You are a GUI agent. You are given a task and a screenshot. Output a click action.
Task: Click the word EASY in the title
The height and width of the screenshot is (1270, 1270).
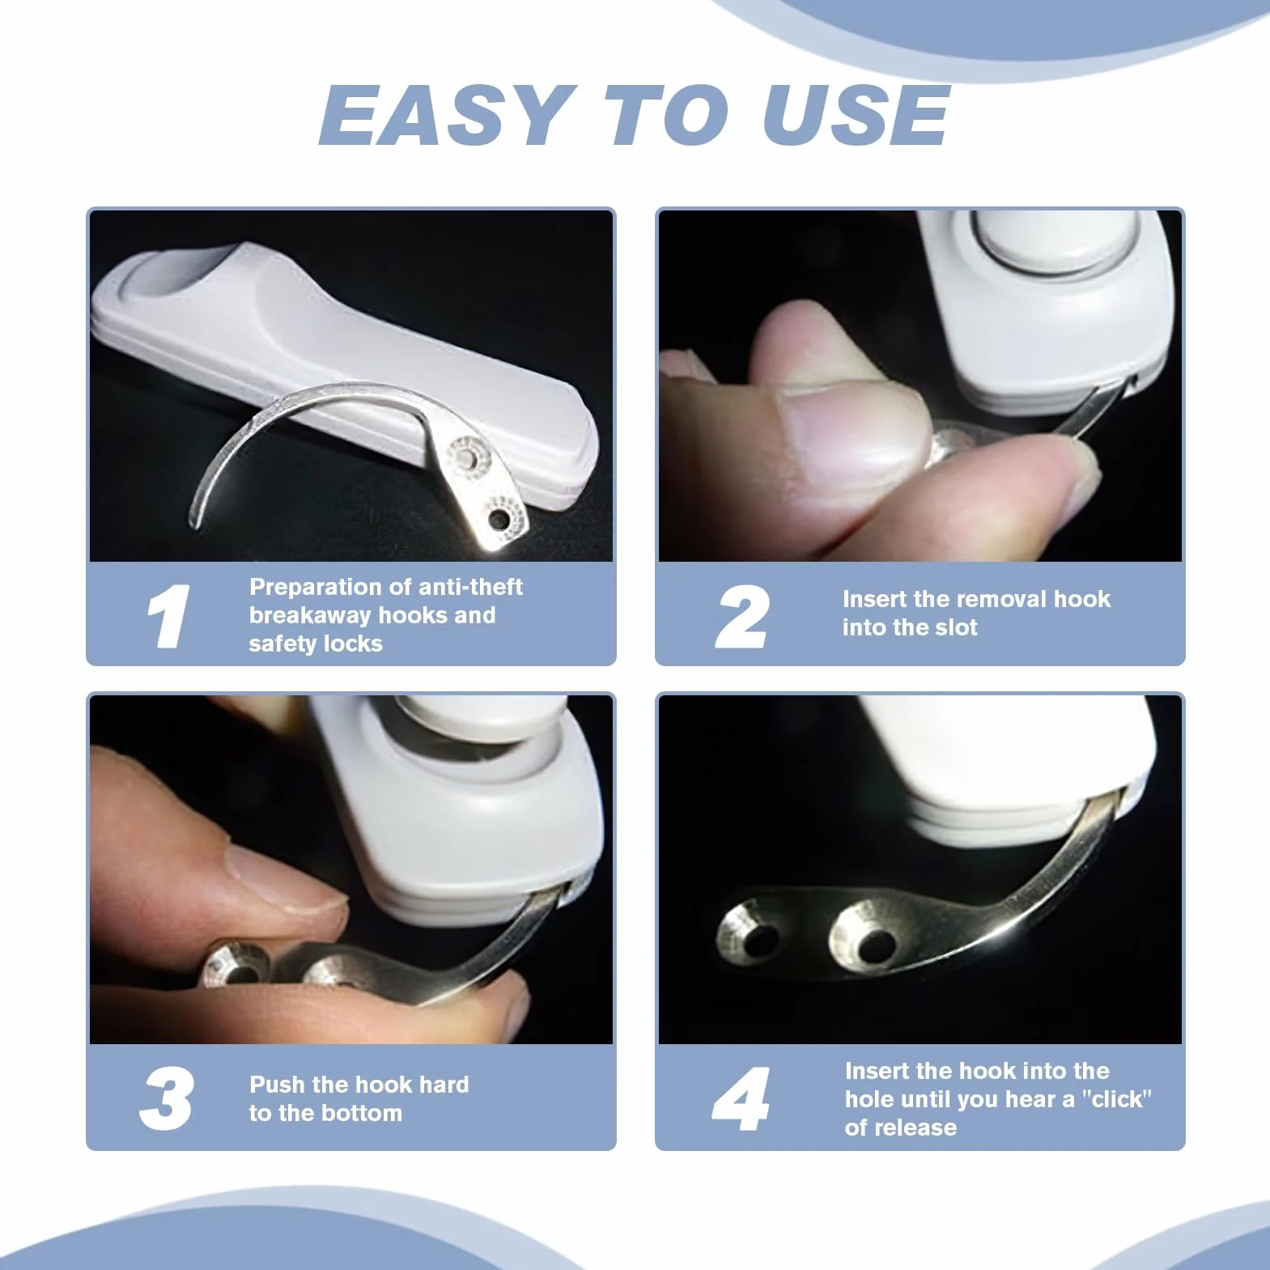tap(444, 115)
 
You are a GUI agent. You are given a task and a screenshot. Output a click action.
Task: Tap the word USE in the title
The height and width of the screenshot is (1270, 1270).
tap(856, 115)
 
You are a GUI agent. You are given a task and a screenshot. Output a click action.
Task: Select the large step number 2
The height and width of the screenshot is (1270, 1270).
tap(742, 617)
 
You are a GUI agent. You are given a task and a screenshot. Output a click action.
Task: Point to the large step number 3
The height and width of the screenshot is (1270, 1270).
tap(167, 1098)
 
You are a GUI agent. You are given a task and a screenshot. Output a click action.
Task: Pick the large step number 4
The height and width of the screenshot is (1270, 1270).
tap(741, 1098)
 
